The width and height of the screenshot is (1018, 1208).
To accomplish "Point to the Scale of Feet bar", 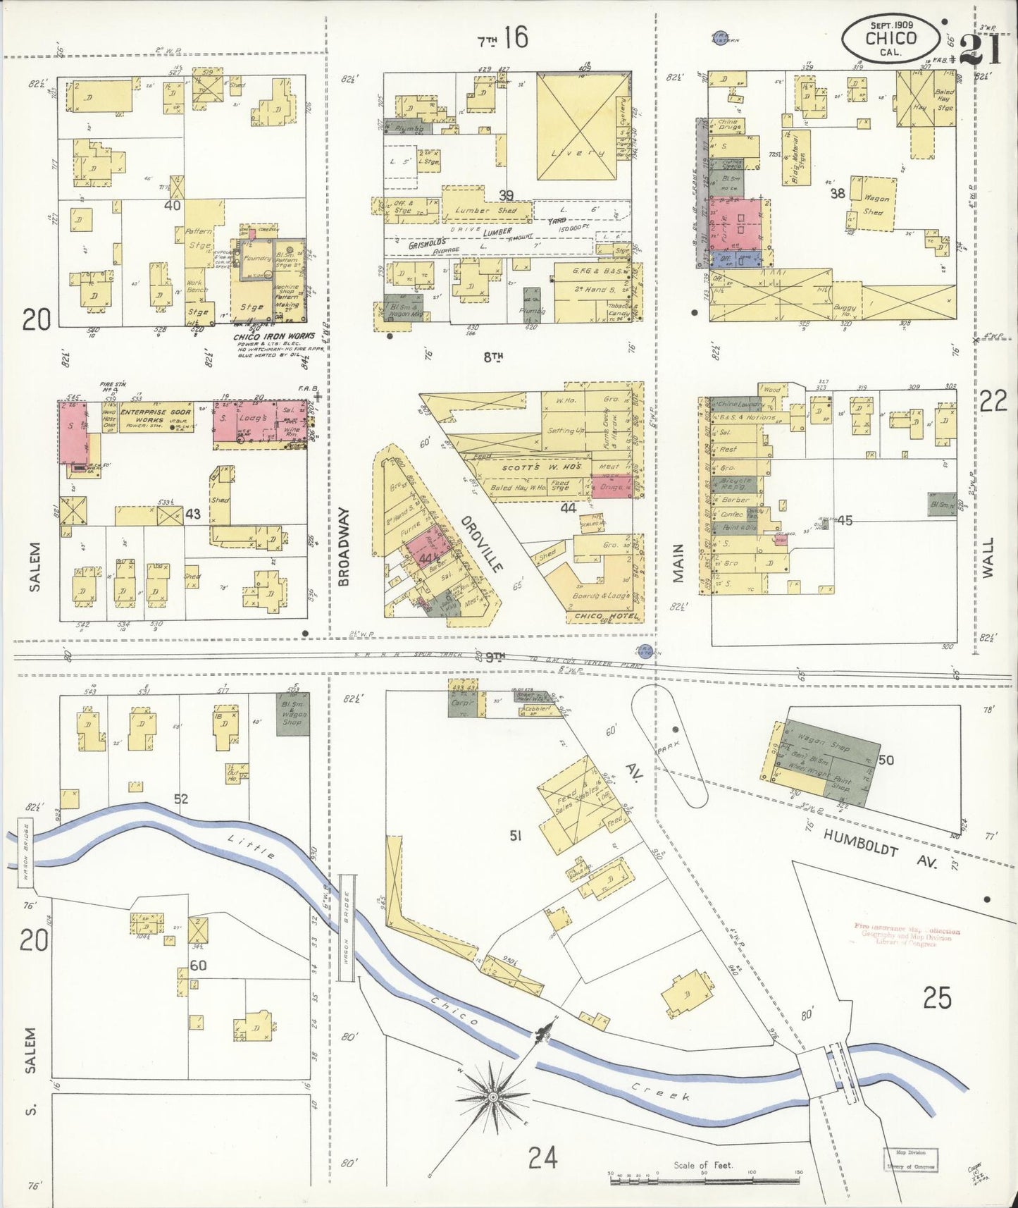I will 704,1175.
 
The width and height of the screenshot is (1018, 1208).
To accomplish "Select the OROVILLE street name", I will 483,543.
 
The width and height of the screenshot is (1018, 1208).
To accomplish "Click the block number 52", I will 181,799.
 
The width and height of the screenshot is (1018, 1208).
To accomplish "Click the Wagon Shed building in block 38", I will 874,204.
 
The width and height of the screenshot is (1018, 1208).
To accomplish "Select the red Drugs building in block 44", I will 611,486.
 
